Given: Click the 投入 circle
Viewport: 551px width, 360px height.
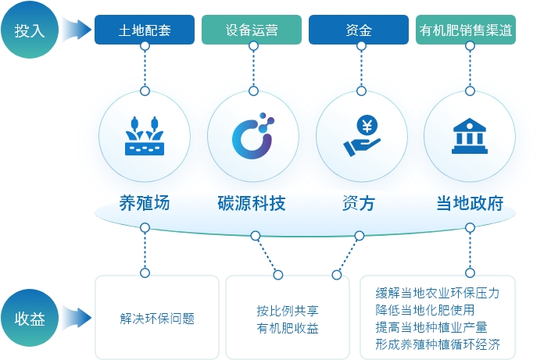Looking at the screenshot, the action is tap(30, 30).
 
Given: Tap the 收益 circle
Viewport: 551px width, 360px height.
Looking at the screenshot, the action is tap(30, 318).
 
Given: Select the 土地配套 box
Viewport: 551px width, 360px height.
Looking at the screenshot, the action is tap(145, 30).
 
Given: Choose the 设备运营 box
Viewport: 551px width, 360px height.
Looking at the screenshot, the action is tap(252, 30).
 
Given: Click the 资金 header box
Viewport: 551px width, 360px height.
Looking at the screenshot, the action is tap(359, 30).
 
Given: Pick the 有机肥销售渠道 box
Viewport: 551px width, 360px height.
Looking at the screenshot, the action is tap(466, 30).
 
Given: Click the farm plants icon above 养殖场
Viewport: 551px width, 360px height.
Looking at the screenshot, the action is tap(145, 136).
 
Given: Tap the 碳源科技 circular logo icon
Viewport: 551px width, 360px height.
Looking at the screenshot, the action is tap(253, 136).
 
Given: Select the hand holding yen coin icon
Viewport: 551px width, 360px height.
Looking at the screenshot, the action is tap(362, 136).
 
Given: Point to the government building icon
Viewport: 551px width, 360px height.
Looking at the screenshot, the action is tap(470, 136).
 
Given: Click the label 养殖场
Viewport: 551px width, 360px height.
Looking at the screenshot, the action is tap(145, 203).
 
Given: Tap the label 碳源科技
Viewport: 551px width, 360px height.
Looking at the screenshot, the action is tap(252, 203).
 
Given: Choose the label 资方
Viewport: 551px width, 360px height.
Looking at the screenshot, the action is tap(359, 203).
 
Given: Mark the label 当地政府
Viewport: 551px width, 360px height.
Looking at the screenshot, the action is tap(470, 203).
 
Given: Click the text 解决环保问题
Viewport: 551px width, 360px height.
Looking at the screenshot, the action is tap(157, 319).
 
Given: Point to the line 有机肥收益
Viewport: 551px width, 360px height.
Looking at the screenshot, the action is tap(288, 328).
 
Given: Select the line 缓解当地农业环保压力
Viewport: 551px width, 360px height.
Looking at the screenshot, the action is tap(438, 293).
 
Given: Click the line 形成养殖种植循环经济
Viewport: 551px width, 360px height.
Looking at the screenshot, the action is tap(438, 344).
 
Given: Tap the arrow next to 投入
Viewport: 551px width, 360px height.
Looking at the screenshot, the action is tap(77, 30).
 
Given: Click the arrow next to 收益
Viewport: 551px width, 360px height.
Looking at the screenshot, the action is tap(77, 318).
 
